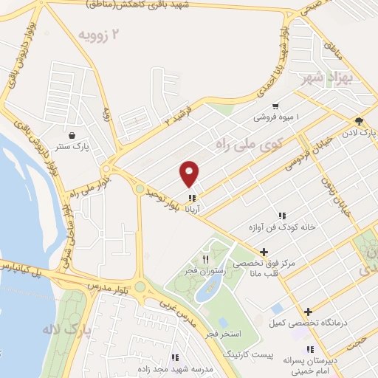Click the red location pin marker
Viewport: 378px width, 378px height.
coord(190,173)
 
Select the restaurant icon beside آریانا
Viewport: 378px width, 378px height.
coord(193,198)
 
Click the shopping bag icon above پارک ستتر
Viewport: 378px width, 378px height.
coord(72,136)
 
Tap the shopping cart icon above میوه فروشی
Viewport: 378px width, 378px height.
coord(275,106)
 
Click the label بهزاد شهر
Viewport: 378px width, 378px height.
coord(326,78)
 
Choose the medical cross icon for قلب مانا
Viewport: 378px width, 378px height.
coord(264,252)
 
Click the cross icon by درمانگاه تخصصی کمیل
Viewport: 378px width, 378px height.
coord(309,312)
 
